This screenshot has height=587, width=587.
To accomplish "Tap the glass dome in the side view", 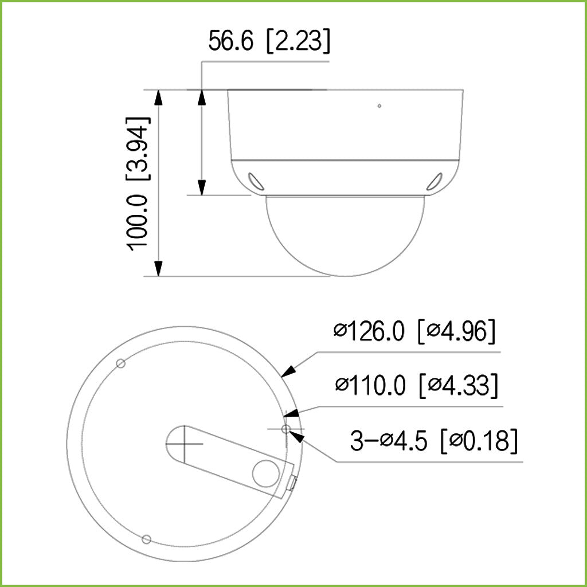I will (345, 235).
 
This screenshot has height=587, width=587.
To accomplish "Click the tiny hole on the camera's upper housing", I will (379, 105).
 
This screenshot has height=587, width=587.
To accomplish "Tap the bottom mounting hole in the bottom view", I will (146, 539).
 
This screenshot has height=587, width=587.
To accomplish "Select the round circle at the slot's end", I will (266, 473).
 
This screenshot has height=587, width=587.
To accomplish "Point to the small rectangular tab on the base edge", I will (291, 483).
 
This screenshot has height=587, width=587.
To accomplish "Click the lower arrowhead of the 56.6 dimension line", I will (202, 187).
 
